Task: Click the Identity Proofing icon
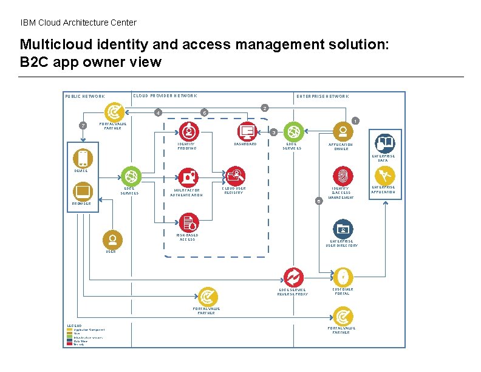click(x=188, y=131)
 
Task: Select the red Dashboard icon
click(x=246, y=131)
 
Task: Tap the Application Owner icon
click(x=343, y=131)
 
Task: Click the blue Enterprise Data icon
click(x=384, y=143)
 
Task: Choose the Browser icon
click(x=82, y=191)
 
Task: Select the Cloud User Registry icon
click(x=234, y=176)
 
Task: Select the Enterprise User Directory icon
click(x=343, y=229)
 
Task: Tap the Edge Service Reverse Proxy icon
click(x=293, y=277)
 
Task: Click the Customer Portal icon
click(x=343, y=276)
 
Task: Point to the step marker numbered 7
click(x=83, y=126)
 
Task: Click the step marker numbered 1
click(x=356, y=120)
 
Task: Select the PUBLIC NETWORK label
click(x=85, y=96)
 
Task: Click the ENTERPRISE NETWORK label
click(x=322, y=96)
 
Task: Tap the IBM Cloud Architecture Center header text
click(x=78, y=22)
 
